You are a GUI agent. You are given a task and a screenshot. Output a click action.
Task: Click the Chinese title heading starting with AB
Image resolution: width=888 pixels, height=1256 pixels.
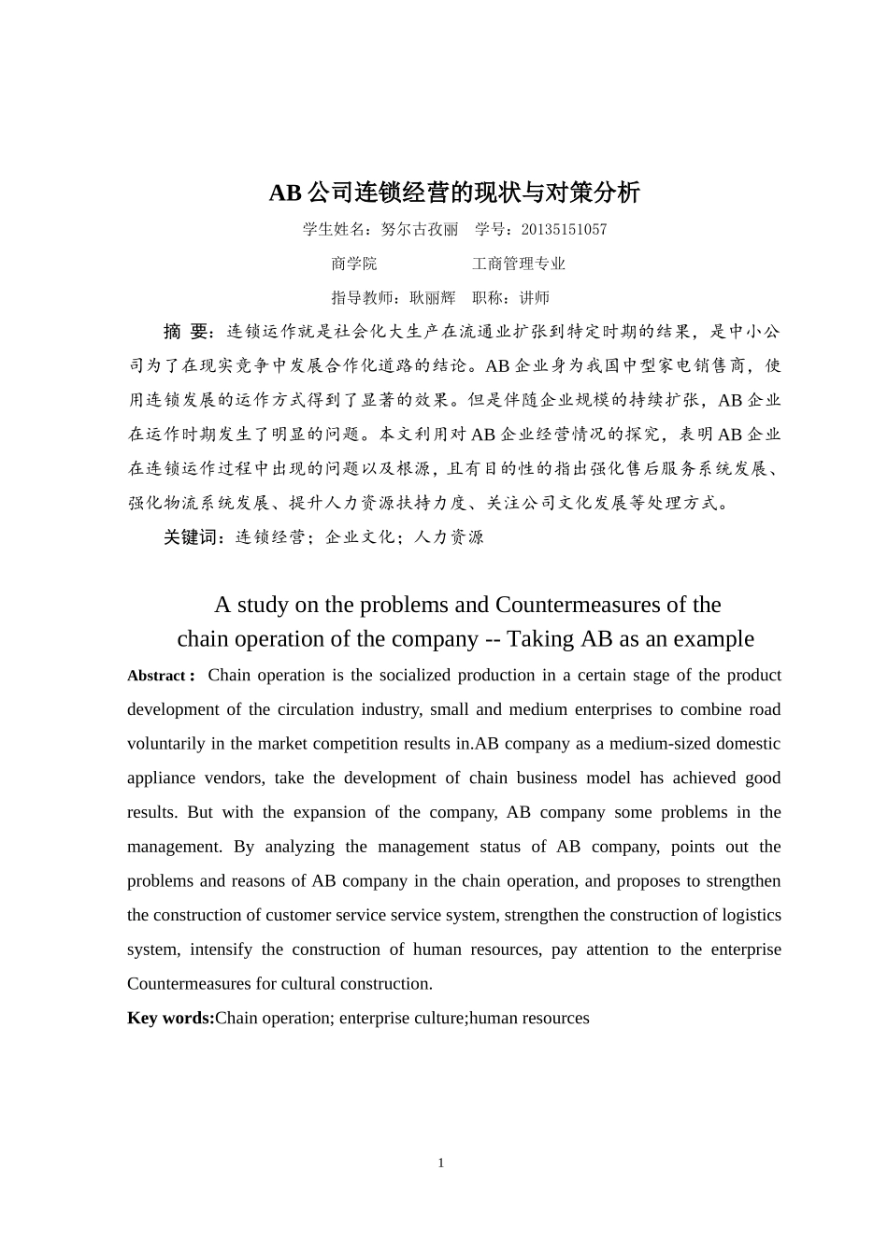pyautogui.click(x=454, y=193)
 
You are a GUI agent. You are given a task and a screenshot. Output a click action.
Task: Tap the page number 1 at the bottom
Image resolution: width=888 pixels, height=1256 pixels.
pyautogui.click(x=441, y=1163)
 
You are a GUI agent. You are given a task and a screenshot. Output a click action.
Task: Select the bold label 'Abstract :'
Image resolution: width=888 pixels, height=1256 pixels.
pyautogui.click(x=161, y=676)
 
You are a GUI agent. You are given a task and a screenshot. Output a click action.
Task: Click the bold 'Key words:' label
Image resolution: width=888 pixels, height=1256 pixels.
pyautogui.click(x=171, y=1019)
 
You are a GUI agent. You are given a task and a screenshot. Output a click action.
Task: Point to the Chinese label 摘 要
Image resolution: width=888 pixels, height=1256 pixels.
pyautogui.click(x=189, y=332)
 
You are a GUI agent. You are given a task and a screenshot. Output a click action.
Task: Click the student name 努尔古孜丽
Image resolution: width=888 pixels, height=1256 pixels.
pyautogui.click(x=421, y=230)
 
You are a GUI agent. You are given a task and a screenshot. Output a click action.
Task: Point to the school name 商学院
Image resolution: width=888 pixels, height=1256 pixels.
pyautogui.click(x=354, y=264)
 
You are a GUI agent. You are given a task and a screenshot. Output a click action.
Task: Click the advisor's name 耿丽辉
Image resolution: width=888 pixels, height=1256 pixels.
pyautogui.click(x=433, y=298)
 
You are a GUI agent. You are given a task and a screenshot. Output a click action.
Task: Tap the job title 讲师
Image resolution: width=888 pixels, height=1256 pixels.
pyautogui.click(x=535, y=298)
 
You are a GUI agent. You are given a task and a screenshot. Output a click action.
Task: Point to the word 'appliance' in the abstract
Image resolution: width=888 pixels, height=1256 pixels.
pyautogui.click(x=161, y=778)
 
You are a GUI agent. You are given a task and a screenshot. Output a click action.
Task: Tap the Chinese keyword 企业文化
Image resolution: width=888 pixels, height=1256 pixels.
pyautogui.click(x=360, y=537)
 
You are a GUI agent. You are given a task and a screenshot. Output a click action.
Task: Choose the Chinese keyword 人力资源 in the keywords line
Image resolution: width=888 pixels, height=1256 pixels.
pyautogui.click(x=450, y=537)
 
